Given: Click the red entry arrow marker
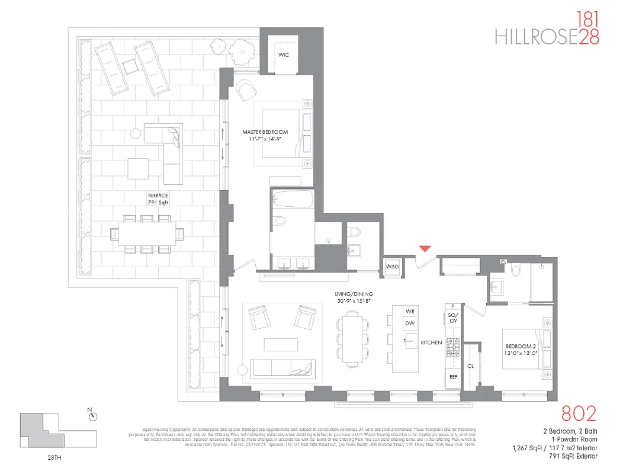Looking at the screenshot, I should [x=425, y=249].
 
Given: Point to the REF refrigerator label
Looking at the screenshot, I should [x=453, y=377].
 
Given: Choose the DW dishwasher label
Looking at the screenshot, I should [x=409, y=324].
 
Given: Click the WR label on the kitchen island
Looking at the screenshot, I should [x=409, y=311].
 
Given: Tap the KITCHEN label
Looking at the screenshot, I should [x=431, y=342].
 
